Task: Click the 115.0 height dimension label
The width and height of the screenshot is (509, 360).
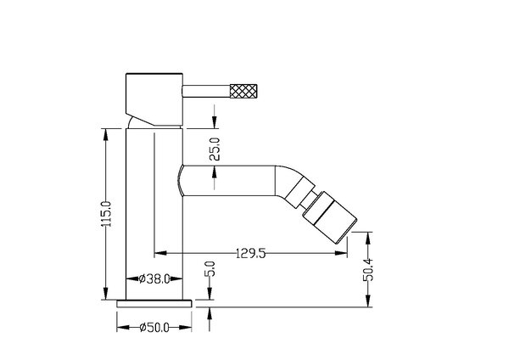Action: pyautogui.click(x=106, y=214)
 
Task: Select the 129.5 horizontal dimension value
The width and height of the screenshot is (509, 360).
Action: pyautogui.click(x=250, y=253)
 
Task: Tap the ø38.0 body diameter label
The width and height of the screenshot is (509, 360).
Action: pyautogui.click(x=154, y=278)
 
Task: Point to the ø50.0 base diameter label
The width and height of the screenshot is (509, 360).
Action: pyautogui.click(x=154, y=328)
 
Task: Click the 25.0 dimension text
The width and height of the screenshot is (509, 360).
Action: pyautogui.click(x=215, y=149)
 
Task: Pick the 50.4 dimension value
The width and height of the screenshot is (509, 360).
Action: pyautogui.click(x=368, y=270)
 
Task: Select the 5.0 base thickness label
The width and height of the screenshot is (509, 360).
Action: pyautogui.click(x=210, y=268)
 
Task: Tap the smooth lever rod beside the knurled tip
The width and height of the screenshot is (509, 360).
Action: pyautogui.click(x=206, y=91)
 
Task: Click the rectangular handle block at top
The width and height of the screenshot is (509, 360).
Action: pyautogui.click(x=154, y=99)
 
